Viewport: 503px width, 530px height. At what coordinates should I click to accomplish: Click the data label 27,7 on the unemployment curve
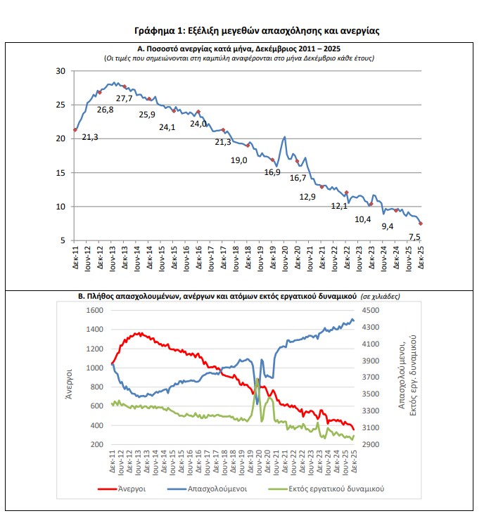click(124, 98)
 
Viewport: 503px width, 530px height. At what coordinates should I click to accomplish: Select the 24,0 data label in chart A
click(198, 124)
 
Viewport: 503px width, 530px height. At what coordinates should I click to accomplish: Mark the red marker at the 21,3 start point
click(75, 130)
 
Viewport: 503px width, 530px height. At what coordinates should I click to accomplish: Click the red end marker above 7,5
click(420, 223)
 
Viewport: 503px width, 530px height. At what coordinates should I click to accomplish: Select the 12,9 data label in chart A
click(307, 197)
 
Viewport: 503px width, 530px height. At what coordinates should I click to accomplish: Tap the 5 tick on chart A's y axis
click(63, 240)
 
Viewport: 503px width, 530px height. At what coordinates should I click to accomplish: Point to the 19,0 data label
click(239, 160)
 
